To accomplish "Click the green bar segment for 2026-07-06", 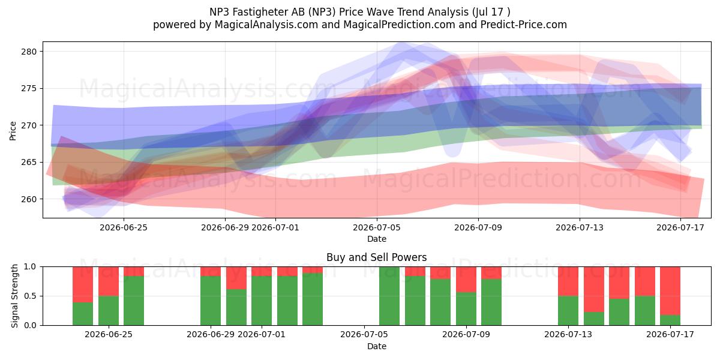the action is point(389,296).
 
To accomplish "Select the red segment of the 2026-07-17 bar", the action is point(670,291).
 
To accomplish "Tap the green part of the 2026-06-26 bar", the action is point(134,301).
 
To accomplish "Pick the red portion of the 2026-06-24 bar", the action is point(83,284).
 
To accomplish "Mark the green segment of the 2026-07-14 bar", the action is point(594,319).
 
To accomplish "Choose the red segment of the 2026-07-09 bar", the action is point(466,280).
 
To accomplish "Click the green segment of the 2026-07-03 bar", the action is point(313,299).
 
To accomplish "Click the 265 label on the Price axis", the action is point(29,163).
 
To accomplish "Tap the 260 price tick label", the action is point(29,199).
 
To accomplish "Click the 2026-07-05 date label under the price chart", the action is point(377,227).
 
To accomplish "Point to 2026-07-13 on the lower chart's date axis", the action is point(568,335).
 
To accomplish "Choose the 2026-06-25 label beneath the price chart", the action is point(124,227).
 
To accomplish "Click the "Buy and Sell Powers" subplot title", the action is point(377,257).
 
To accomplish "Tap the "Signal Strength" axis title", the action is point(14,296).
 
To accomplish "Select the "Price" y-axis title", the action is point(13,131).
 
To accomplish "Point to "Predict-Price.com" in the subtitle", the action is point(524,25).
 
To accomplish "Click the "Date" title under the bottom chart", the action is point(377,346).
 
